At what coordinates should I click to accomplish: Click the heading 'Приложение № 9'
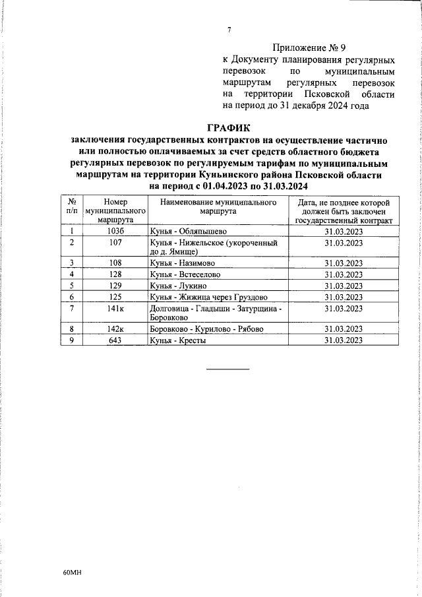308,47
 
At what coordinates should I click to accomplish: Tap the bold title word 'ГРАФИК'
228,127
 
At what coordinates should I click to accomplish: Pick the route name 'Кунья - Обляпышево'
188,231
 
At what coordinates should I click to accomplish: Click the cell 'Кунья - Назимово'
183,263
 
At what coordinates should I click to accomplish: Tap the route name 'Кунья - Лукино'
179,286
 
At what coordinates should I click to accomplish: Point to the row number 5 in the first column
71,286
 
